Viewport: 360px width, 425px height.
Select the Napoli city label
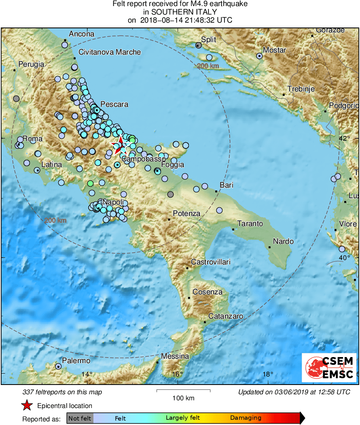(113, 202)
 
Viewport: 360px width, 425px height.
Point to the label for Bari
(227, 185)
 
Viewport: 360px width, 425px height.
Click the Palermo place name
(76, 360)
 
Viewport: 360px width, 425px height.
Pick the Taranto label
(250, 223)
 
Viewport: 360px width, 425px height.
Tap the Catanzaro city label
(225, 316)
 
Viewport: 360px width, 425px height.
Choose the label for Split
(209, 40)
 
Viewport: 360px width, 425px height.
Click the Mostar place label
(274, 50)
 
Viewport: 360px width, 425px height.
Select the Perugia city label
(31, 64)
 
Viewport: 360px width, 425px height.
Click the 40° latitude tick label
(344, 258)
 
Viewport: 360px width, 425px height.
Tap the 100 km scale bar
(183, 391)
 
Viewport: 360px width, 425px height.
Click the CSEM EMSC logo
(328, 367)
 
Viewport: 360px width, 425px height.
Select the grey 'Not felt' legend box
(80, 418)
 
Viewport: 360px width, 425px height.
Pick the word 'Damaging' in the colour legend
(246, 418)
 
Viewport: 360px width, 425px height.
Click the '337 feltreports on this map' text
(62, 392)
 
